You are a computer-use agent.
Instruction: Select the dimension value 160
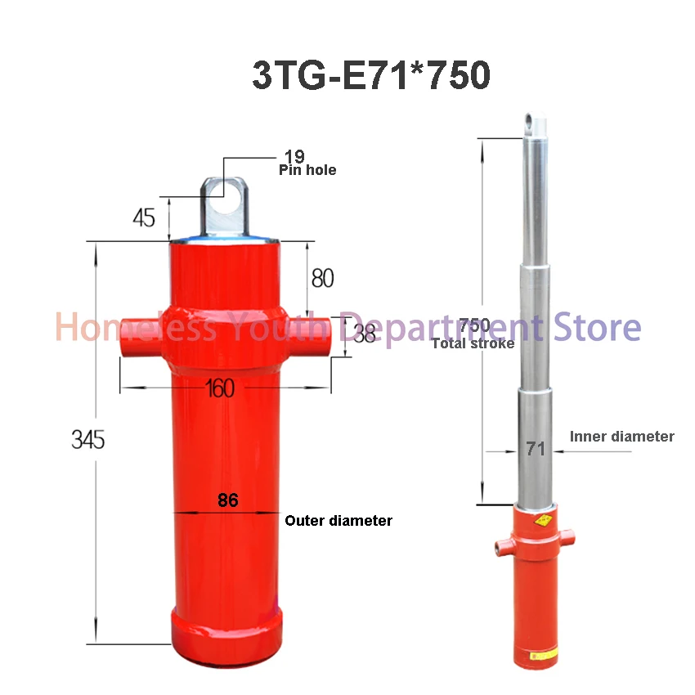(220, 388)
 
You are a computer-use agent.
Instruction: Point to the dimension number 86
(228, 500)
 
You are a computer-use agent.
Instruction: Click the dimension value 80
(322, 278)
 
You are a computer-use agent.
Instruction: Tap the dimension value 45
(143, 218)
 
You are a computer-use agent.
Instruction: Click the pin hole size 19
(294, 155)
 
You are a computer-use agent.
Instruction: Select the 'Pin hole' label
(307, 170)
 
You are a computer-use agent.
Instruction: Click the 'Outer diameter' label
(339, 520)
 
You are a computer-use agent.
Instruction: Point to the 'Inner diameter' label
(621, 437)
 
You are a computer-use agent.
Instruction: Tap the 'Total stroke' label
(473, 343)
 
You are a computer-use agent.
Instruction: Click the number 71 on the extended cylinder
(536, 448)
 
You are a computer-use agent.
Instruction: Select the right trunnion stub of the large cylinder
(317, 335)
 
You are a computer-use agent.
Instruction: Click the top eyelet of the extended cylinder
(535, 125)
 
